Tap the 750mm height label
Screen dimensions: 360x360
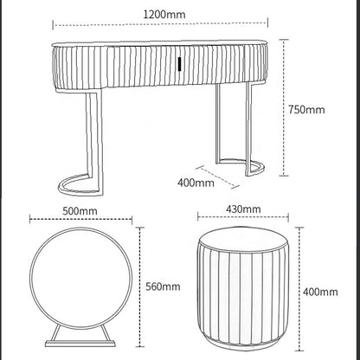pos(308,110)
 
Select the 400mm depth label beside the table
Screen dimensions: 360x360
pos(196,183)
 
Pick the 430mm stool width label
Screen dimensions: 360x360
pos(243,209)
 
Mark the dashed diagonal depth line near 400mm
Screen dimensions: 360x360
pos(224,174)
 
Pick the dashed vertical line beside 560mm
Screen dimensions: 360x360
pos(138,286)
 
